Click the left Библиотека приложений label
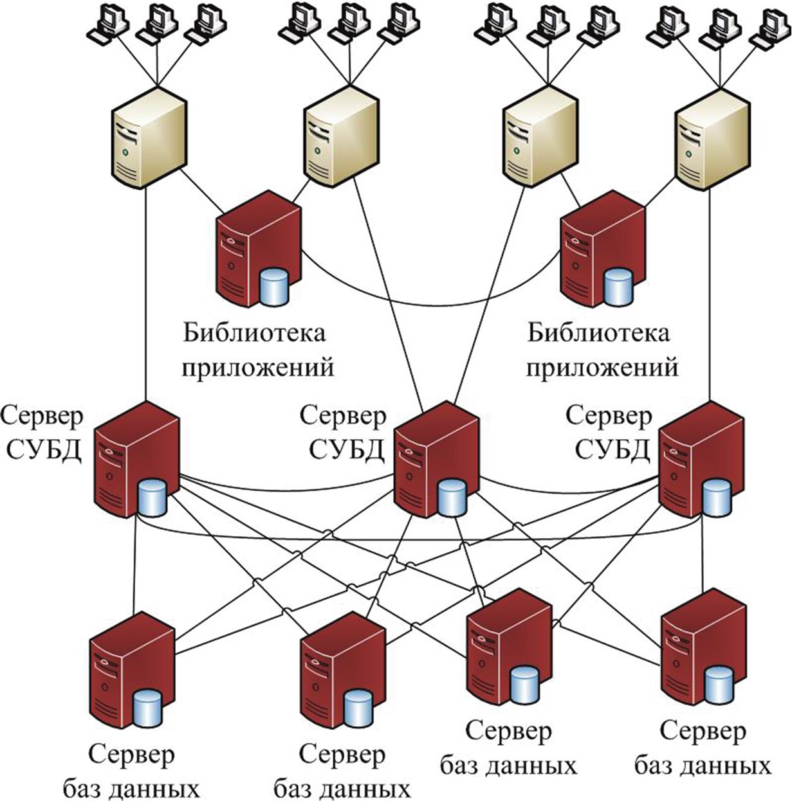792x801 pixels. click(x=257, y=351)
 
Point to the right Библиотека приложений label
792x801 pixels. click(x=602, y=351)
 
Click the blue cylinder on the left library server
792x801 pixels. click(x=273, y=287)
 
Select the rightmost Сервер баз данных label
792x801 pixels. click(x=703, y=749)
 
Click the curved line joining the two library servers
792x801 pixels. click(x=431, y=303)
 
